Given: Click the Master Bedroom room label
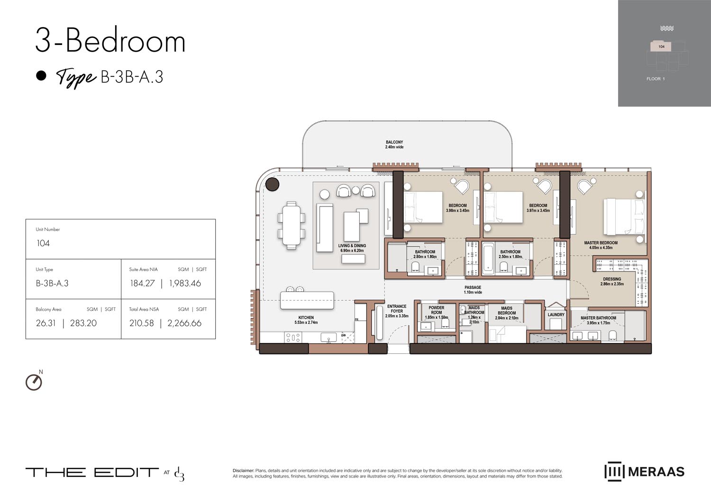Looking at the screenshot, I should click(x=601, y=245).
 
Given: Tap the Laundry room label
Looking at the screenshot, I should click(x=556, y=314).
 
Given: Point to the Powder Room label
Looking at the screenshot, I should click(x=436, y=310).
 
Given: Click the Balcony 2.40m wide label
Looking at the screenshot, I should click(x=394, y=144).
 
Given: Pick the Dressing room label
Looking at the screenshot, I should click(x=612, y=281).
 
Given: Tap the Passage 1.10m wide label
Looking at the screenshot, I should click(x=473, y=290).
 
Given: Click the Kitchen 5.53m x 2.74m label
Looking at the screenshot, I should click(x=306, y=320).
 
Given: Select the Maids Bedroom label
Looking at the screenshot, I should click(x=507, y=313).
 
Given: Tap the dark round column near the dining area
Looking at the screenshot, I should click(x=272, y=184).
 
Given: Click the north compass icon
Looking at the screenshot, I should click(x=34, y=382).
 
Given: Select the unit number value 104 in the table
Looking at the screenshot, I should click(x=43, y=243).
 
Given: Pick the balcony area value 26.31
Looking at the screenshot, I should click(x=46, y=323).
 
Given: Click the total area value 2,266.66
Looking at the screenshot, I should click(x=184, y=323).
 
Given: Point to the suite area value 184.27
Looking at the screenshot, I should click(x=142, y=284).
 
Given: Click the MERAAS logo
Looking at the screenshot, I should click(x=644, y=472).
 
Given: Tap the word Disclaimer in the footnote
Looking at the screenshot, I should click(x=243, y=471).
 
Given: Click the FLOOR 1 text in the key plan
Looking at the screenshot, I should click(x=656, y=79).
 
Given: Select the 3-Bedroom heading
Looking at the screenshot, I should click(x=110, y=41).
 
